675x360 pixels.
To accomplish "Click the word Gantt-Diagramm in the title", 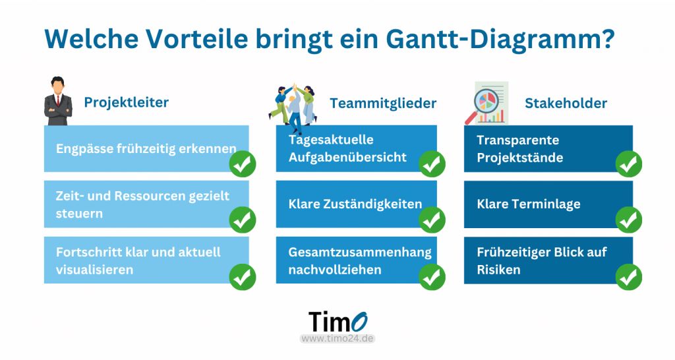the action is (x=500, y=39).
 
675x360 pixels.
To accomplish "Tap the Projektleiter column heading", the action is (x=126, y=102).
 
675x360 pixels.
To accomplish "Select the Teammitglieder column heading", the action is (x=383, y=104).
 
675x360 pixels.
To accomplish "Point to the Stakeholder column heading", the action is (x=566, y=103).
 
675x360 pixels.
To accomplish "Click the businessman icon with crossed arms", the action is (x=58, y=101).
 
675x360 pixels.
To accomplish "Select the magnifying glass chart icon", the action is (x=486, y=104).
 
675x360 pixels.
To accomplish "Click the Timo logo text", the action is (x=338, y=322).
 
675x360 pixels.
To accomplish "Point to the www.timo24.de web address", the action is (x=337, y=338).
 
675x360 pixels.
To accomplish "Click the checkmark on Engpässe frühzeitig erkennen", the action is (x=243, y=164).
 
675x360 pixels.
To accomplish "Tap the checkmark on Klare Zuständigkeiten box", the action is (x=432, y=220).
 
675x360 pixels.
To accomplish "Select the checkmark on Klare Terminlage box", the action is (x=628, y=220).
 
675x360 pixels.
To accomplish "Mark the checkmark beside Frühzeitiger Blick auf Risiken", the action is (x=628, y=277).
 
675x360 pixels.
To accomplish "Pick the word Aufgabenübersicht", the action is (x=347, y=157).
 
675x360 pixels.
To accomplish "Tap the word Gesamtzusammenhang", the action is (x=360, y=253).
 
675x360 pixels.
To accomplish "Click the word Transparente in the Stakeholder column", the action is (x=518, y=140).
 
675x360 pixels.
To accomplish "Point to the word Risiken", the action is (x=498, y=270).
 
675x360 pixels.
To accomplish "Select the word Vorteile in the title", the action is (x=196, y=39).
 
